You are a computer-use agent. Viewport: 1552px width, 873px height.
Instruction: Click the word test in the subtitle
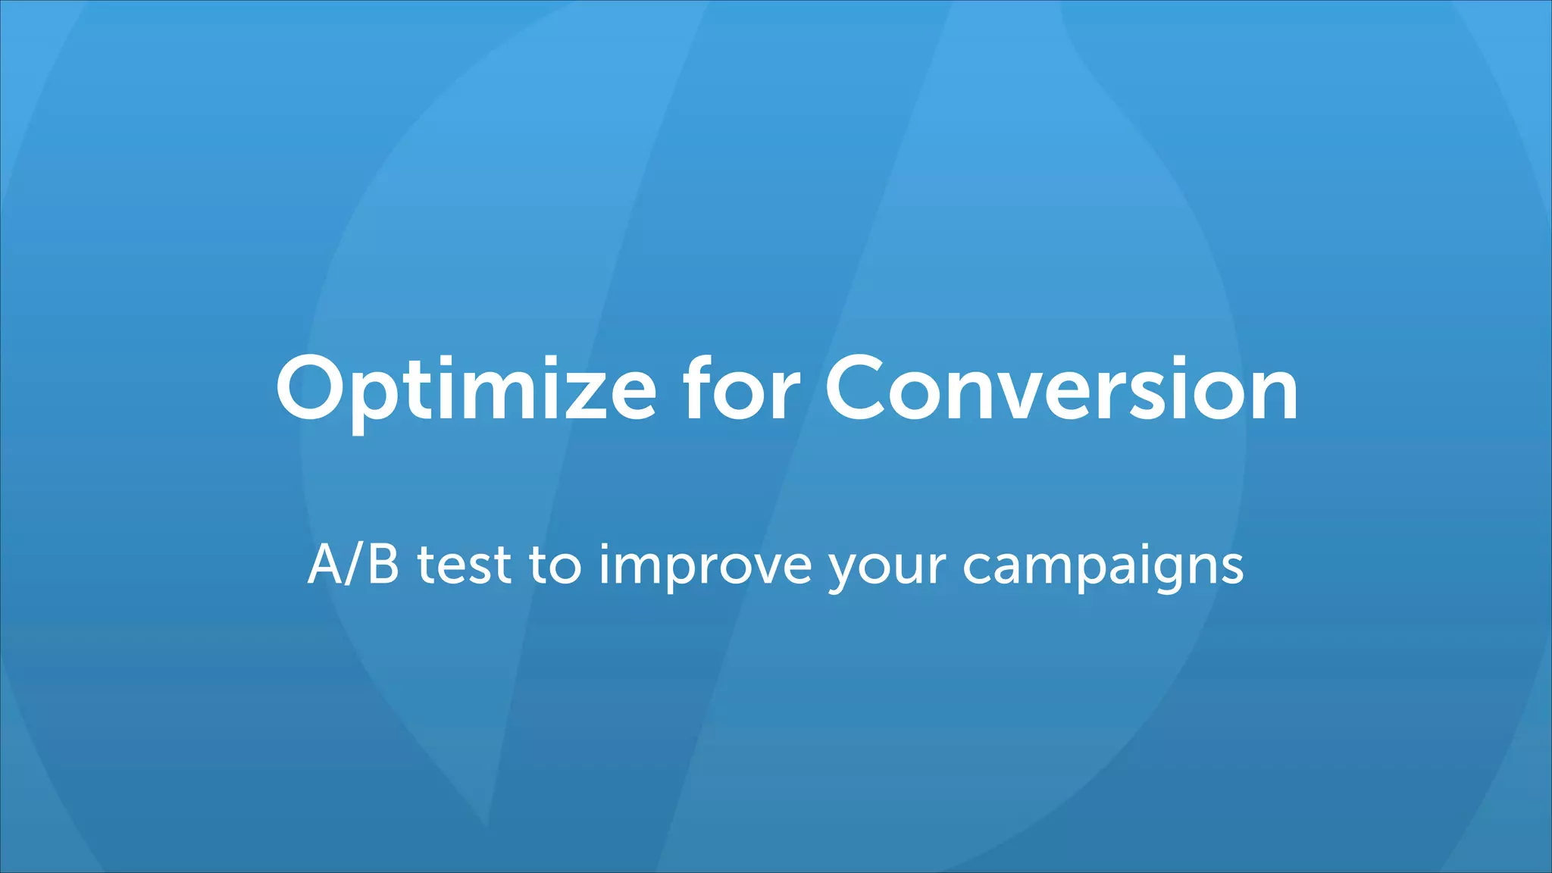pyautogui.click(x=464, y=566)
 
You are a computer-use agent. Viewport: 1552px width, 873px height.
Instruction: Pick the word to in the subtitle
pyautogui.click(x=555, y=566)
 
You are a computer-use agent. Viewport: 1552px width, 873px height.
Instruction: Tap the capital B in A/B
pyautogui.click(x=383, y=565)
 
